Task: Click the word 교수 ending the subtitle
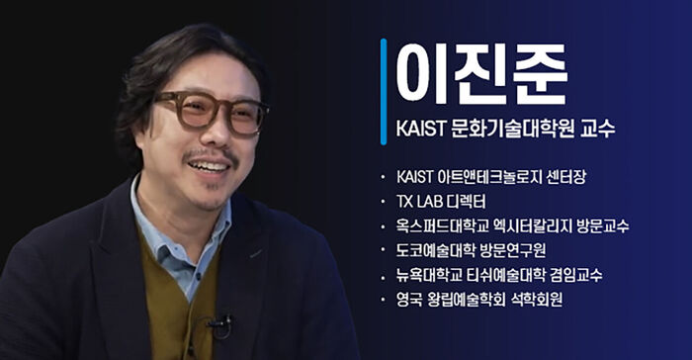(596, 130)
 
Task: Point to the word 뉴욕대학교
(426, 274)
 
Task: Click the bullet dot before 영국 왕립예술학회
(382, 298)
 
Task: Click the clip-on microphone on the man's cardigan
(218, 323)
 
